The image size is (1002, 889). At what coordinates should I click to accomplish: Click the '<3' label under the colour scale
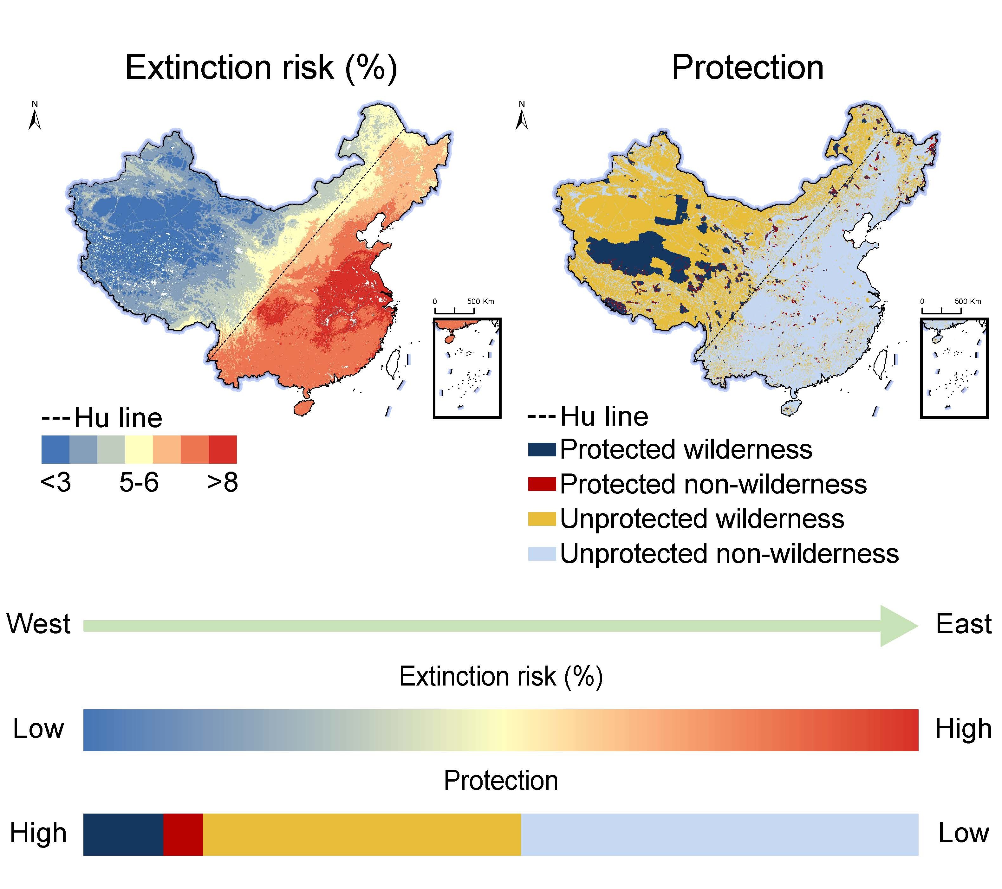tap(56, 483)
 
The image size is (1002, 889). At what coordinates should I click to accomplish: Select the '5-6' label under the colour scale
tap(139, 483)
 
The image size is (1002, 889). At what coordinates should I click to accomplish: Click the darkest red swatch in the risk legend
tap(223, 449)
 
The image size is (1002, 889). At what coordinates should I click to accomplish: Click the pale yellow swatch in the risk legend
tap(139, 449)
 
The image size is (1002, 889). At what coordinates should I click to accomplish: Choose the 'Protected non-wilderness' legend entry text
tap(713, 484)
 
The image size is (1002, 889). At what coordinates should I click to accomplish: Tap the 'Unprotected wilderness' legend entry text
tap(702, 519)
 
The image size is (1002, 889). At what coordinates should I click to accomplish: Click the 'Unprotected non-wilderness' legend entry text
tap(729, 554)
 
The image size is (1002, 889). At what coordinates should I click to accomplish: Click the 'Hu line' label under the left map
tap(118, 418)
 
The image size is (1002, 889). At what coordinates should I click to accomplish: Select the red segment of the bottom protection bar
tap(183, 834)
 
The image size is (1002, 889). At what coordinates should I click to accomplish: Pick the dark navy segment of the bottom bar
tap(123, 834)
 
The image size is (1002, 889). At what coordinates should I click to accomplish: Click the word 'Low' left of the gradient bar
tap(38, 729)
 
